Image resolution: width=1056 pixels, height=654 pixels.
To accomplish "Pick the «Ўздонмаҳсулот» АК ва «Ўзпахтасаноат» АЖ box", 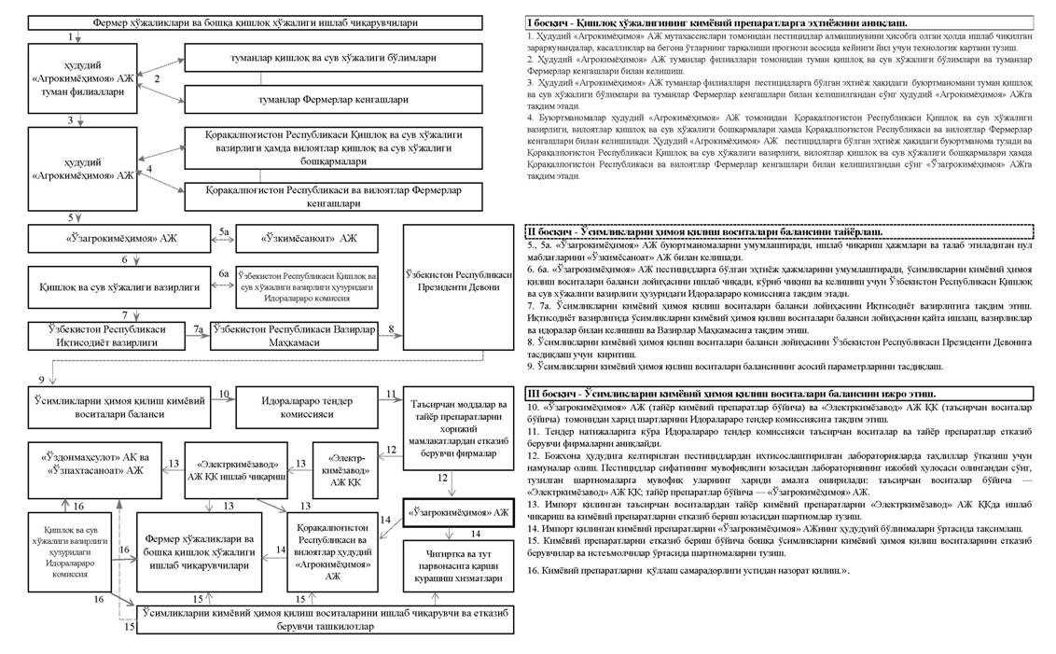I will pyautogui.click(x=91, y=464).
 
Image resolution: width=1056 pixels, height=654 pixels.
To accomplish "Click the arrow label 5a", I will pyautogui.click(x=224, y=230).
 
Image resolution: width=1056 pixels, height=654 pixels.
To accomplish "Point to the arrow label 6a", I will pyautogui.click(x=224, y=273).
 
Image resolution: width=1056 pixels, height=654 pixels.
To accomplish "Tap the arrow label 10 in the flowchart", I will pyautogui.click(x=224, y=395).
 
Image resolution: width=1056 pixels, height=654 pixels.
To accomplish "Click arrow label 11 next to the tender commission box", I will pyautogui.click(x=392, y=395).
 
